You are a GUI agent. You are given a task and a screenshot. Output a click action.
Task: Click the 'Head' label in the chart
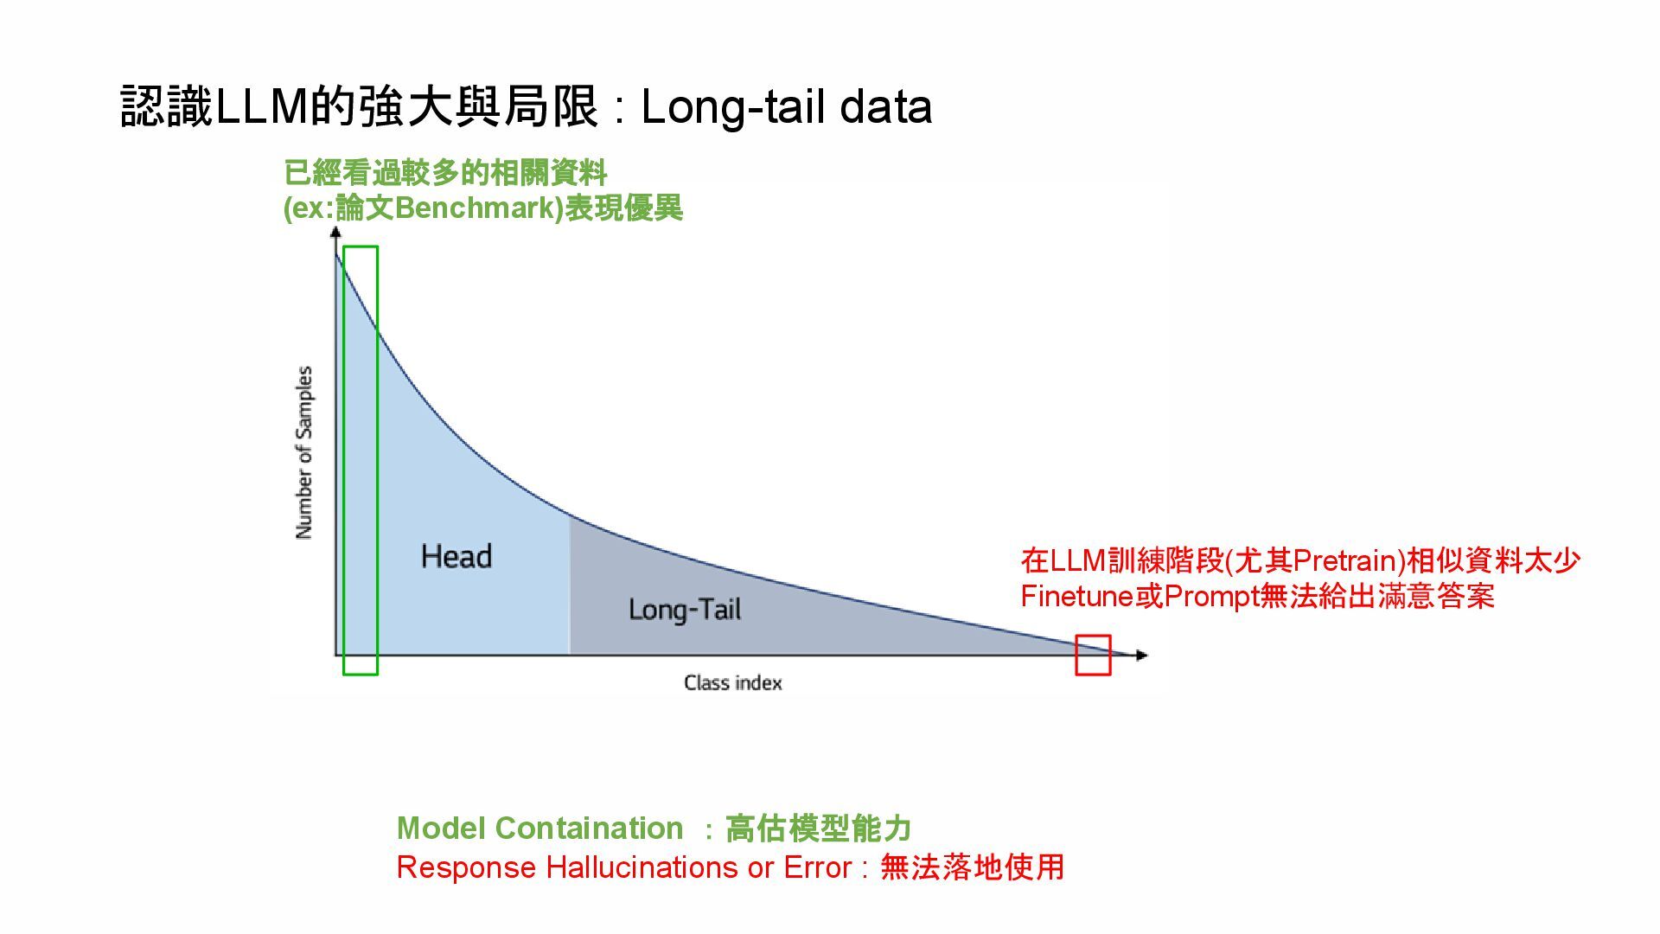click(456, 556)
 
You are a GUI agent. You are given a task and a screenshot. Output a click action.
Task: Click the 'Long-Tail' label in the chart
click(685, 610)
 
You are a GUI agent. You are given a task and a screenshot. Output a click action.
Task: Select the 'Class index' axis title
click(733, 683)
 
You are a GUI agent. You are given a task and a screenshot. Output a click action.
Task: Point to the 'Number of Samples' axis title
click(304, 452)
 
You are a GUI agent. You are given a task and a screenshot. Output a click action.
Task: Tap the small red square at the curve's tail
click(1093, 655)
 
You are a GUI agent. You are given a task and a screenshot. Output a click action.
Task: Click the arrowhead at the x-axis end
click(1142, 656)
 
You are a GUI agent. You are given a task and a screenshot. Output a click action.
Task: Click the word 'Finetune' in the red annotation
click(1077, 597)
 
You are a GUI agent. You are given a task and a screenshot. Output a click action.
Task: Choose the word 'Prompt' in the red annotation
click(1211, 597)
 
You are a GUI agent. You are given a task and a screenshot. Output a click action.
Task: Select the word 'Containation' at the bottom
click(589, 828)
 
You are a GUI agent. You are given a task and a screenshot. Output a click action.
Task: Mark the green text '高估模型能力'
click(818, 828)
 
